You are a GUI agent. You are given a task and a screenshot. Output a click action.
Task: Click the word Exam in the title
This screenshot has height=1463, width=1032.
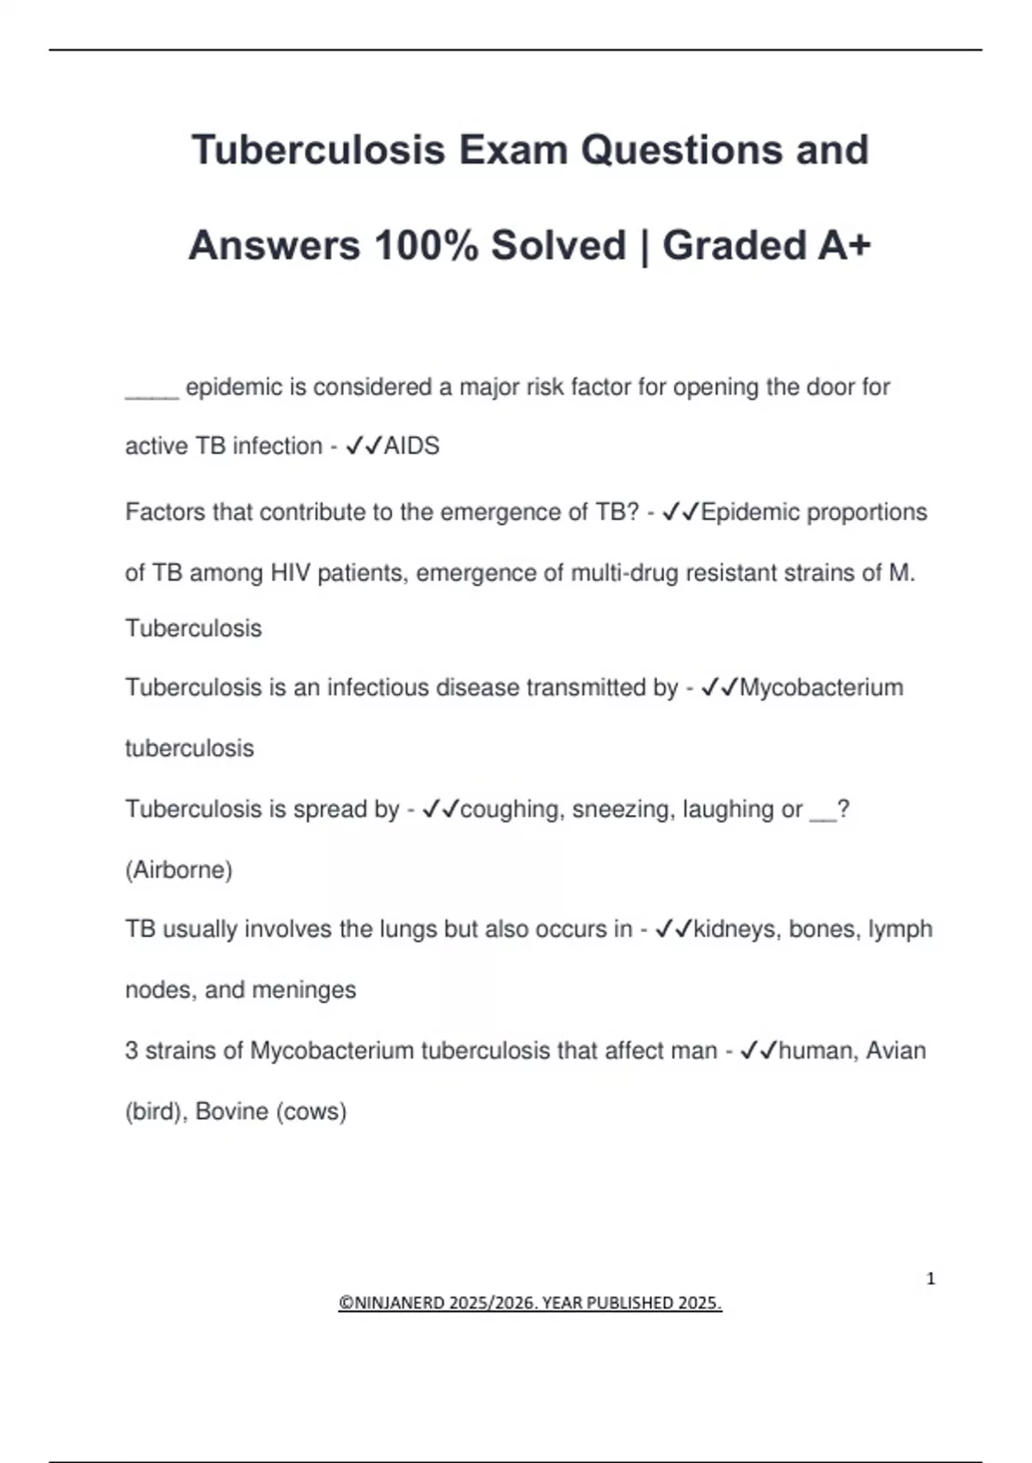pos(513,150)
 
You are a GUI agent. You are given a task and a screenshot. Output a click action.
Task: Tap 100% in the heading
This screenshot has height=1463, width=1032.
pos(426,245)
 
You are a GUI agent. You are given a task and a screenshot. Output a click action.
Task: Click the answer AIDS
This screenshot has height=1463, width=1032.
pos(411,446)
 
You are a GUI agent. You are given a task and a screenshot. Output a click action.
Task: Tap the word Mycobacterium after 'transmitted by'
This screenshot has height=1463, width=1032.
pos(820,688)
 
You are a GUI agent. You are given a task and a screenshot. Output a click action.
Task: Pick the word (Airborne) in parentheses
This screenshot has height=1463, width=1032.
pos(179,870)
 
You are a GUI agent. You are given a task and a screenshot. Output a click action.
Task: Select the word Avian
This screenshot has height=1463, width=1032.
pos(895,1051)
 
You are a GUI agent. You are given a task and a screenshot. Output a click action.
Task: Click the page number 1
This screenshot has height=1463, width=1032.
pos(931,1279)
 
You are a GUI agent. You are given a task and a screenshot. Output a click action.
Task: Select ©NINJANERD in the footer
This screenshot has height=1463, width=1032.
pos(392,1303)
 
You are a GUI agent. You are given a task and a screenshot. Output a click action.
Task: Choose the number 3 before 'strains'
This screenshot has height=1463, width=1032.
pos(132,1051)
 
